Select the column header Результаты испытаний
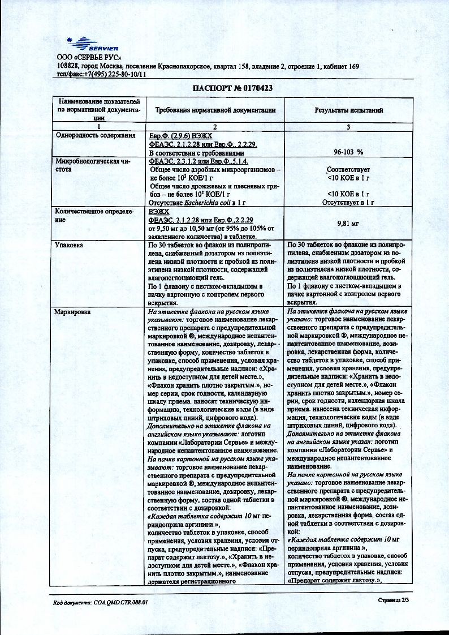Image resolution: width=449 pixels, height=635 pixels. [349, 111]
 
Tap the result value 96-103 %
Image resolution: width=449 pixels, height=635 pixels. [348, 152]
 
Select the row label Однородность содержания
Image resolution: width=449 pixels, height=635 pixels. [94, 136]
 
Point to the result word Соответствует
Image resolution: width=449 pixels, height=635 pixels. [349, 169]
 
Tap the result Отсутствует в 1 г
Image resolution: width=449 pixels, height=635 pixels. [349, 201]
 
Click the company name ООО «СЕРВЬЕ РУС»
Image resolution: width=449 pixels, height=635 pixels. [89, 58]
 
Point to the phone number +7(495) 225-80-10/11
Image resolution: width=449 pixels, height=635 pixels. [115, 74]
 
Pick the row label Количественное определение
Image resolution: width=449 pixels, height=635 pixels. [93, 215]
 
